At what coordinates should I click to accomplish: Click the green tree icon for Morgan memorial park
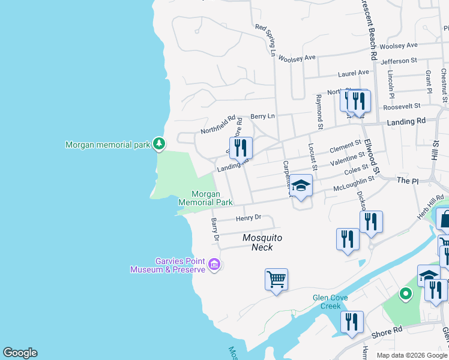point(158,143)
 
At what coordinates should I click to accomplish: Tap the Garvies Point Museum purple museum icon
point(214,264)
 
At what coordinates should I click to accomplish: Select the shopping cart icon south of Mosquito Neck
point(276,279)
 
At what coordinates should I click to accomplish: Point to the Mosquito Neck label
point(262,242)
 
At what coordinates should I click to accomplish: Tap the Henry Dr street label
point(249,218)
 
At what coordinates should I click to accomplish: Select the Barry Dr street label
point(214,230)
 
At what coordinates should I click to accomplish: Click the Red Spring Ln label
point(264,40)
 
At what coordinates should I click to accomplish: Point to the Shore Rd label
point(390,331)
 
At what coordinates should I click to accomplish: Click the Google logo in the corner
point(20,353)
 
